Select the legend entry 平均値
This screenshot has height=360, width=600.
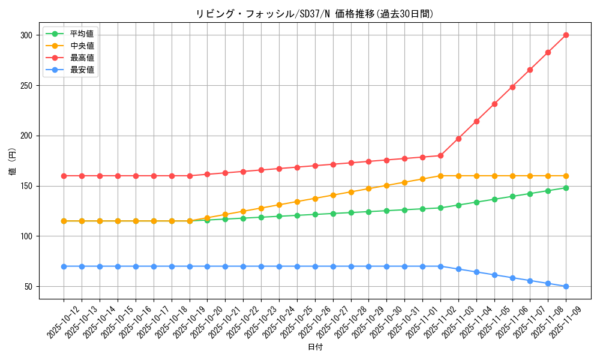(x=82, y=34)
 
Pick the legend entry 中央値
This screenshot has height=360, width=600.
(x=82, y=46)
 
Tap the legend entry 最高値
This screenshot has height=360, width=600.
(x=82, y=58)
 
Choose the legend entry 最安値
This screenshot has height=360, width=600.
(x=82, y=70)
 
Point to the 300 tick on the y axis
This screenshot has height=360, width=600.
(x=26, y=35)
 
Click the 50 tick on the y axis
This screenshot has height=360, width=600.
(x=28, y=287)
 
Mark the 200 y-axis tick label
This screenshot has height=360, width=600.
(x=26, y=136)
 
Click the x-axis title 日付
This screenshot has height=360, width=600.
(x=314, y=347)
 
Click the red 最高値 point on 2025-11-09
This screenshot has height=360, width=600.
(x=566, y=35)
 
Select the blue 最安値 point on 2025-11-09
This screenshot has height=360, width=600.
(x=566, y=286)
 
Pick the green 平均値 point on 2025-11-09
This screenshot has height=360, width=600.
(x=566, y=188)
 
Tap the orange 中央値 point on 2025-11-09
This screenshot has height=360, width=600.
(x=566, y=176)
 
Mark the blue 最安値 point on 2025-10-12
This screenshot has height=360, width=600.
(x=64, y=266)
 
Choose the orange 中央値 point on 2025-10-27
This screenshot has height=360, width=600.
(x=333, y=195)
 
